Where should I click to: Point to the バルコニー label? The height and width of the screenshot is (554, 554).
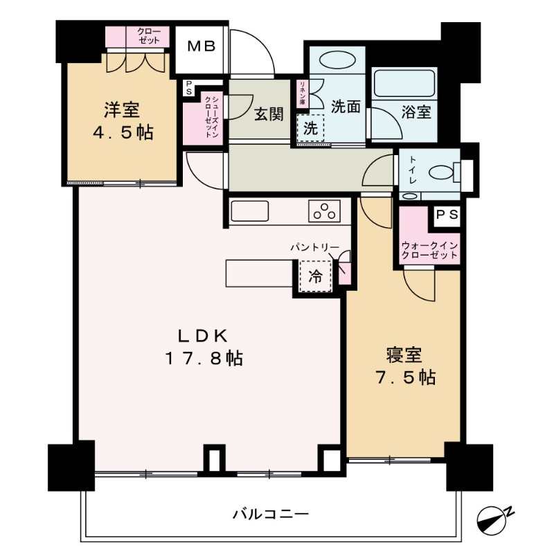[269, 514]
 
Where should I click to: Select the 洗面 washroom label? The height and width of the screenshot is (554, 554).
[345, 107]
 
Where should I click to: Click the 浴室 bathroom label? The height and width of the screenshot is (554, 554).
[416, 111]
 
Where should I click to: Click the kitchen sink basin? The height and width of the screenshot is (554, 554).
[249, 211]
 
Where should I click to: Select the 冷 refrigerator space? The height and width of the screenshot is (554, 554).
[315, 277]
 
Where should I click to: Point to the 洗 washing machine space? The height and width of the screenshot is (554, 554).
[311, 128]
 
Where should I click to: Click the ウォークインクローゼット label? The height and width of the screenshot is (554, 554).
[429, 250]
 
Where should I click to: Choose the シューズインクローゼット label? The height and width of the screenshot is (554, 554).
[210, 118]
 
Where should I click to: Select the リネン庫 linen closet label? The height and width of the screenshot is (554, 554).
[302, 93]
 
